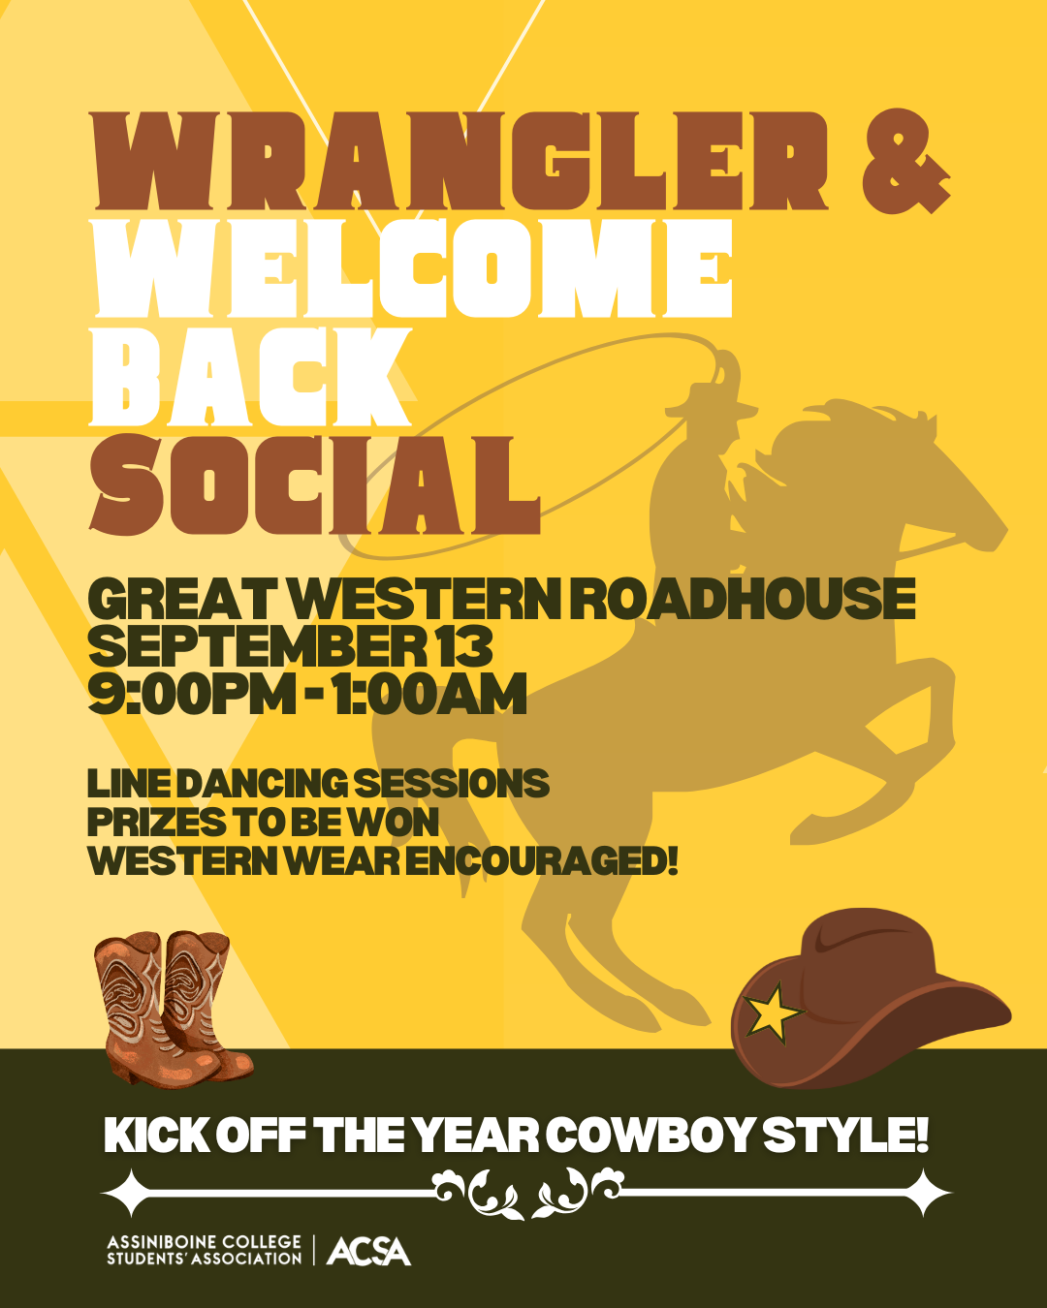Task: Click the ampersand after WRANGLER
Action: point(905,162)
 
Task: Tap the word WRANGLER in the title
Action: point(460,161)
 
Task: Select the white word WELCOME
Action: point(412,268)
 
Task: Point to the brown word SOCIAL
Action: point(315,485)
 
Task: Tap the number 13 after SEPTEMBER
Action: point(464,646)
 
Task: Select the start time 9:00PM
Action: point(192,694)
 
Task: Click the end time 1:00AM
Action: point(428,694)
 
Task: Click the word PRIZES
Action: point(156,823)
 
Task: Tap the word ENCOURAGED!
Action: point(542,861)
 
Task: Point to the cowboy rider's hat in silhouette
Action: point(710,404)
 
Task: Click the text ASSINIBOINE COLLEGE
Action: point(204,1242)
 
